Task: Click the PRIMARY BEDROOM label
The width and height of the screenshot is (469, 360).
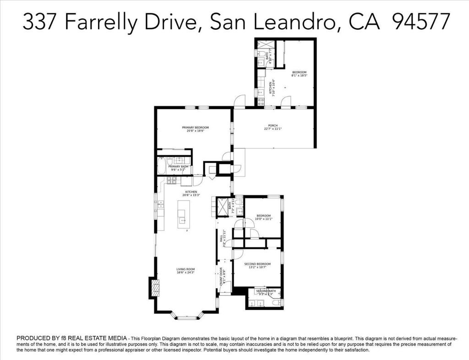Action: pyautogui.click(x=195, y=127)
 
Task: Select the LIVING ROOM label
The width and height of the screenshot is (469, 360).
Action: pyautogui.click(x=186, y=269)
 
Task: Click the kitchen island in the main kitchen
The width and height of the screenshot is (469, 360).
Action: pyautogui.click(x=184, y=214)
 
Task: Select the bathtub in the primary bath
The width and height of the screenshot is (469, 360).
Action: pyautogui.click(x=162, y=165)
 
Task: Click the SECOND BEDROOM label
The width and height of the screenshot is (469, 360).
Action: pyautogui.click(x=257, y=264)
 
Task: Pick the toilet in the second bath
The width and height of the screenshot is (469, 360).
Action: pyautogui.click(x=276, y=302)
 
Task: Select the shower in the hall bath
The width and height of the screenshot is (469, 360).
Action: pyautogui.click(x=223, y=207)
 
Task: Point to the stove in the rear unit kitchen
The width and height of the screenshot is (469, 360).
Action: pyautogui.click(x=260, y=101)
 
